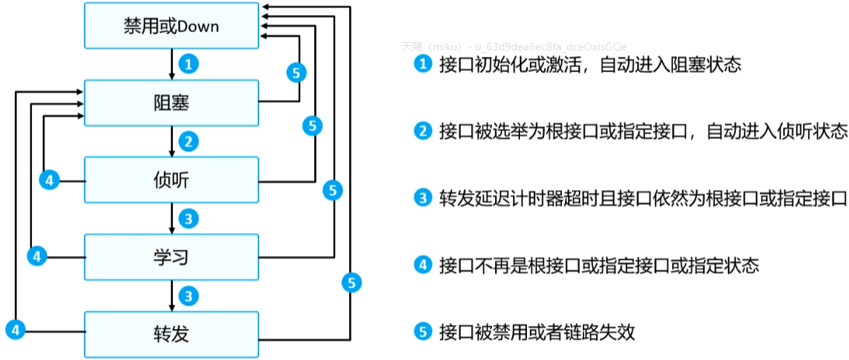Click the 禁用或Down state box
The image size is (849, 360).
click(x=172, y=26)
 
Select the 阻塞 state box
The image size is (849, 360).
click(x=172, y=102)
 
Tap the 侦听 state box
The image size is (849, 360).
click(x=172, y=180)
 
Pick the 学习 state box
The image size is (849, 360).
click(x=172, y=256)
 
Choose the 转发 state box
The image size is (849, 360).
click(x=172, y=334)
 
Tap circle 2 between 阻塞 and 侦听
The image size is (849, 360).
click(x=187, y=141)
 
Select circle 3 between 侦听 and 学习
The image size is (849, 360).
click(x=187, y=218)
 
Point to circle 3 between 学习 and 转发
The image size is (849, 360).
click(x=187, y=295)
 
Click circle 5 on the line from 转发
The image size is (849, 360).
click(x=352, y=283)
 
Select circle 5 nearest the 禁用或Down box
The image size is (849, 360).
click(x=296, y=73)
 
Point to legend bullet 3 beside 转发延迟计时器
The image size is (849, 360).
click(x=422, y=198)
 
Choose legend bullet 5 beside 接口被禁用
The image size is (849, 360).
click(x=422, y=332)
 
